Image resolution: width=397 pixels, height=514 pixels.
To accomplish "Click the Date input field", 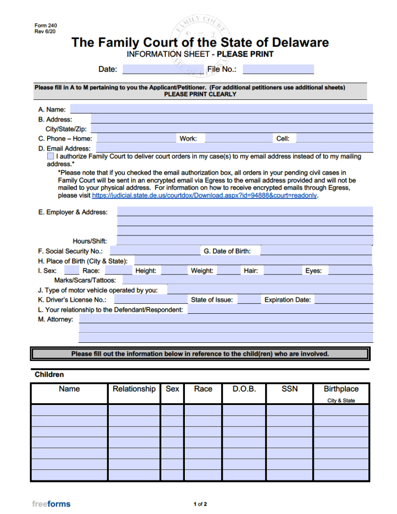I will click(163, 69).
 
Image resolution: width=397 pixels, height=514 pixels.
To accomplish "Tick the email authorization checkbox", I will click(51, 157).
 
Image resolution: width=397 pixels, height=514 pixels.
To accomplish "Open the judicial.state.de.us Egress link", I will click(204, 196).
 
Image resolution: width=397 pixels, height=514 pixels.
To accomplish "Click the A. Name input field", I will click(222, 109).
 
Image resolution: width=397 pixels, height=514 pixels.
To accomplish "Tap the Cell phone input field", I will click(334, 139).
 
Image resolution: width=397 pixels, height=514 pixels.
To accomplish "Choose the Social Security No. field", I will click(154, 251).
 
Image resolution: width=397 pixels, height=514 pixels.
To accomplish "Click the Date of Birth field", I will click(316, 251).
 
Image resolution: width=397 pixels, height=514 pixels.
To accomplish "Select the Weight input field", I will click(229, 271).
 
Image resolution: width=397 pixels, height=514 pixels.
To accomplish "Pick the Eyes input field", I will click(350, 271).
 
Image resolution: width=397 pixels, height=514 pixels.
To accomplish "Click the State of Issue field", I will click(249, 300).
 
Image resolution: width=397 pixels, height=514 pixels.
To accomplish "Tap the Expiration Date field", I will click(343, 300).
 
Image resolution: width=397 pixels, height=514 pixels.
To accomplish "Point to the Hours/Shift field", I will click(245, 241).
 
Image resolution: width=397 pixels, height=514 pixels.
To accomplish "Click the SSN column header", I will click(289, 389).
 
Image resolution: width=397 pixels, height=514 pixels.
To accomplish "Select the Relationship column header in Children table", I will click(134, 389).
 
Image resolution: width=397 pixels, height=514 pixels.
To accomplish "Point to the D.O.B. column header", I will click(244, 389).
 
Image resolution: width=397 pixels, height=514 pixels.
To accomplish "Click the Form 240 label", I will click(46, 26).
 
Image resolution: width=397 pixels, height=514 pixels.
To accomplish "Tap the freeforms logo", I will click(51, 504).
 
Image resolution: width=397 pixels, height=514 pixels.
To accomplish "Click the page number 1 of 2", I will click(200, 504).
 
